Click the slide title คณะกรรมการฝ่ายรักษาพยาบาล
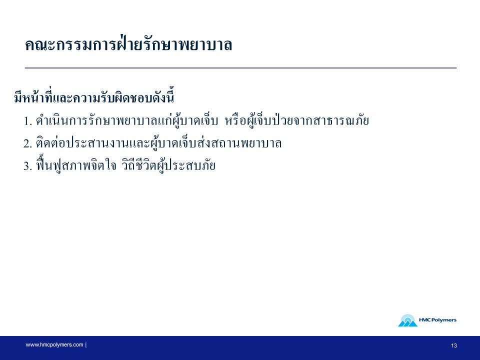click(x=128, y=45)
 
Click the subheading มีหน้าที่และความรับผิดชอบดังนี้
click(x=94, y=98)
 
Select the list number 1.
click(x=28, y=121)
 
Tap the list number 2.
click(x=28, y=143)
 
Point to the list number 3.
click(x=28, y=166)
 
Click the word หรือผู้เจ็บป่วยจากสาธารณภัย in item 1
click(x=297, y=120)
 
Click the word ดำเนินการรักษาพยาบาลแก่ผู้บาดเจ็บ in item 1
click(x=127, y=120)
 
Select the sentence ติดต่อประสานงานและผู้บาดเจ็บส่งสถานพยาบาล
click(x=158, y=143)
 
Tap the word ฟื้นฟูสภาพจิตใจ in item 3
click(x=76, y=164)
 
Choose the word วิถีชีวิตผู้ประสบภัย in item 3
click(x=168, y=164)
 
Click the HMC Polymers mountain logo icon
click(x=408, y=320)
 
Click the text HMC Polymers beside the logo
click(x=438, y=320)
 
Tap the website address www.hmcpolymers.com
click(x=54, y=344)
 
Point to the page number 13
click(x=454, y=345)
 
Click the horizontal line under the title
click(x=240, y=68)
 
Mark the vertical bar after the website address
click(x=86, y=344)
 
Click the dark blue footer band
click(x=240, y=348)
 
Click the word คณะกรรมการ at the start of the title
click(x=71, y=45)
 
